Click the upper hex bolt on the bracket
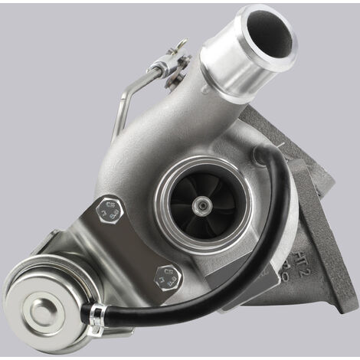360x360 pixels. click(x=111, y=211)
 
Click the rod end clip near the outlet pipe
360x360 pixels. click(x=170, y=62)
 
